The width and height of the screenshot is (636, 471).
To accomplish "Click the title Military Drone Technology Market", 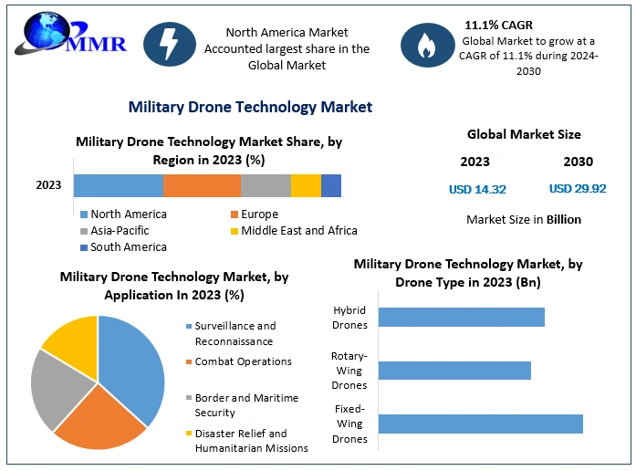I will (250, 107).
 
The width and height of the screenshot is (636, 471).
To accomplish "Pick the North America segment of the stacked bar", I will (118, 185).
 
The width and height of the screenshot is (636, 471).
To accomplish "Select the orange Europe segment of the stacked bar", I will (202, 185).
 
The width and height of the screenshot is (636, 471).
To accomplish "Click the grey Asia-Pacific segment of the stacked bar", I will (266, 185).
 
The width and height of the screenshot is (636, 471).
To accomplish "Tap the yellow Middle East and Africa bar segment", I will (306, 185).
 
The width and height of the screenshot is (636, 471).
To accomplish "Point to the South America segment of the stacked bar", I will (331, 185).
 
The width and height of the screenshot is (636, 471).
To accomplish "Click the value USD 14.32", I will (477, 189).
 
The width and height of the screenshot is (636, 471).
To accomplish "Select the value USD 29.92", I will (578, 189).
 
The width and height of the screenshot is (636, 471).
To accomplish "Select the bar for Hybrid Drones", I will (461, 317).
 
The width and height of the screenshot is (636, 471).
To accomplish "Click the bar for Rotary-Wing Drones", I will (454, 370).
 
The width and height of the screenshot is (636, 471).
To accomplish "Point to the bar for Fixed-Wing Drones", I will (480, 424).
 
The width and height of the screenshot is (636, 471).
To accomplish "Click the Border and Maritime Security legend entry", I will (246, 405).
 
